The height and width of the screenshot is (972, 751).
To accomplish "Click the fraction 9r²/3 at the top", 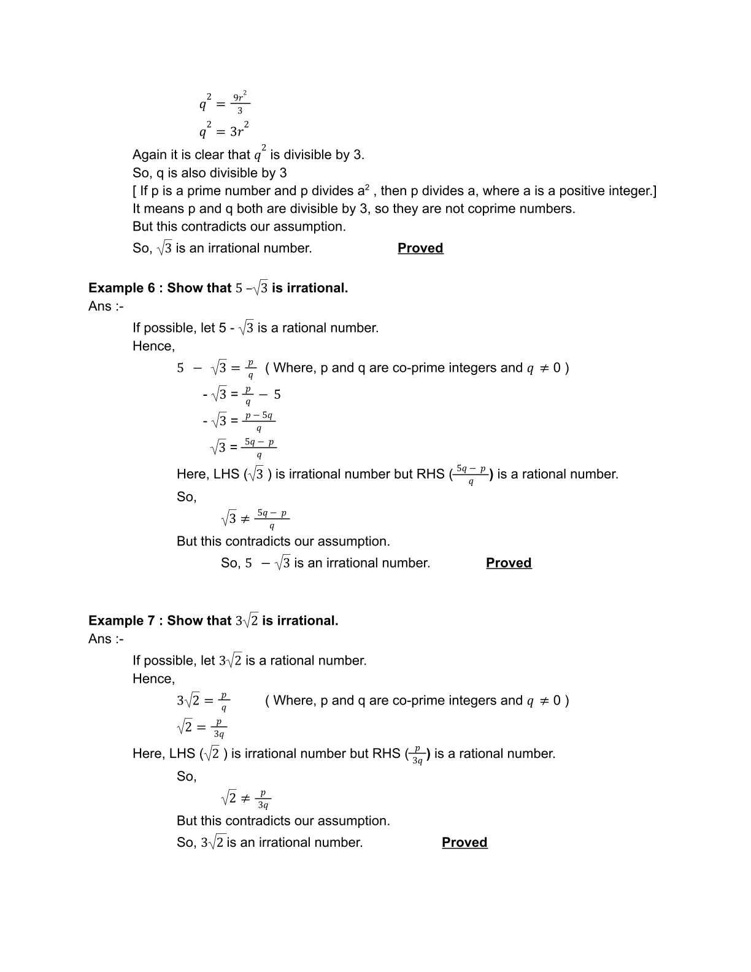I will coord(239,103).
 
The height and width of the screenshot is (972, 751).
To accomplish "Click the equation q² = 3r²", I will coord(223,129).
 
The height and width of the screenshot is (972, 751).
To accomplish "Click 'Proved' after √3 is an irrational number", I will coord(420,248).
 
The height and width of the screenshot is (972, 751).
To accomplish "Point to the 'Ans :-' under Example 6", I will coord(106,306).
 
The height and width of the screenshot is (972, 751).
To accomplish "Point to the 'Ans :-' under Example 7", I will coord(106,639).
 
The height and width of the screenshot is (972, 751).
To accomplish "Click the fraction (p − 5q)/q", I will coord(258,421).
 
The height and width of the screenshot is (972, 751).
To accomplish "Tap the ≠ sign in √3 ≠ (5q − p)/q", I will coord(245,519).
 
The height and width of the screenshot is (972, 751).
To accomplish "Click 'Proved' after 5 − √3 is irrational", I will coord(509,563).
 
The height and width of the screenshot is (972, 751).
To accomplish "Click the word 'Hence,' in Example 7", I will coord(153,679).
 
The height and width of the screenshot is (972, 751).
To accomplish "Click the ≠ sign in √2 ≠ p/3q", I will coord(245,798).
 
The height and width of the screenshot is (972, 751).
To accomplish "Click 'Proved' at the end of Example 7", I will coord(464,843).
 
